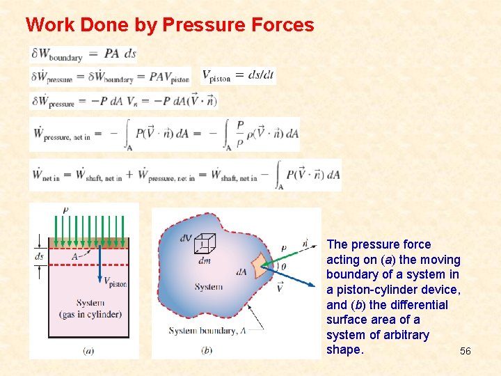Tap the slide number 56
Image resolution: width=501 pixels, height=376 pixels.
(465, 352)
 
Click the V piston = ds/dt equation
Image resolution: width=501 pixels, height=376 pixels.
(238, 76)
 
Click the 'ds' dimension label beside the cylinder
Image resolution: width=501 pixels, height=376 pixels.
(39, 256)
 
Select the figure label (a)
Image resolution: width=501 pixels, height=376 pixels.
(88, 350)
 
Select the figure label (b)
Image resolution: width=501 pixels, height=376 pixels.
(206, 350)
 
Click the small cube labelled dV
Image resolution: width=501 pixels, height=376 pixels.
(205, 242)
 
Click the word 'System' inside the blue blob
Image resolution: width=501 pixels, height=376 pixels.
(209, 287)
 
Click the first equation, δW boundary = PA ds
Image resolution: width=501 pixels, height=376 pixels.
(83, 54)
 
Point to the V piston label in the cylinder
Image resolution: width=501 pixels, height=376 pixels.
(115, 283)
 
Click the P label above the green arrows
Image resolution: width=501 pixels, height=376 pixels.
(65, 210)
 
